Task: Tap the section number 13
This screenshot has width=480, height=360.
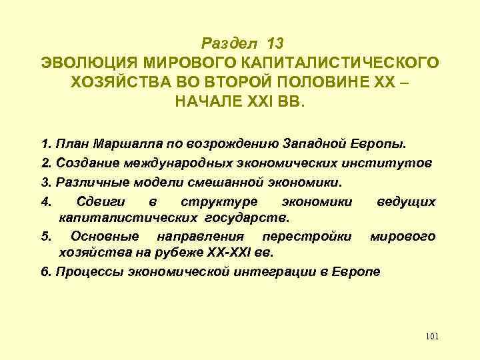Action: tap(275, 44)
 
